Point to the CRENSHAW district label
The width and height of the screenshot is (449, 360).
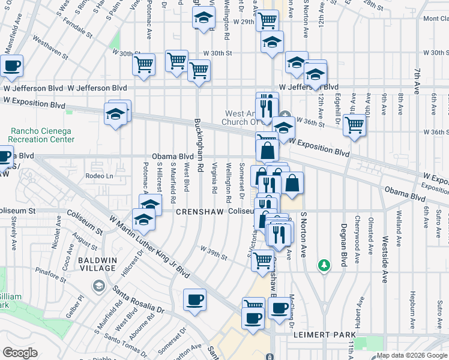tap(199, 212)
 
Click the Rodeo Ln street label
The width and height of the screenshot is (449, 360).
tap(99, 176)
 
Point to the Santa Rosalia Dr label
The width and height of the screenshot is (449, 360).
tap(138, 301)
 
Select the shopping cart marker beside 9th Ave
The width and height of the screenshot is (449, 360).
tap(355, 124)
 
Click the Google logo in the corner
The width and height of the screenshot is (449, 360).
tap(20, 353)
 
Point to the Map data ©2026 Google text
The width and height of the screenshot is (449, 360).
tap(412, 355)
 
